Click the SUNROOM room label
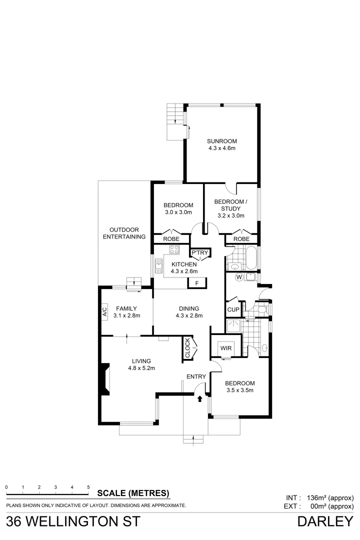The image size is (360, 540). pyautogui.click(x=222, y=141)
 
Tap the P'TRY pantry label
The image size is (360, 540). pyautogui.click(x=199, y=253)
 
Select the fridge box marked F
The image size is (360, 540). pyautogui.click(x=197, y=283)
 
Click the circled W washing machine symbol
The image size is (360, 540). pyautogui.click(x=238, y=277)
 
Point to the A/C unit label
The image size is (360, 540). pyautogui.click(x=105, y=313)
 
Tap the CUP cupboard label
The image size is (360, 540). pyautogui.click(x=233, y=309)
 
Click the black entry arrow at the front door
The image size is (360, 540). pyautogui.click(x=200, y=398)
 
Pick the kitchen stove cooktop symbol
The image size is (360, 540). pyautogui.click(x=174, y=250)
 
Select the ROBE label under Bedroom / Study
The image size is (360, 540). pyautogui.click(x=241, y=239)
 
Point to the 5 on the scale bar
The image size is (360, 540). pyautogui.click(x=88, y=486)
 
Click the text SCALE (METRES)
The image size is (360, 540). pyautogui.click(x=133, y=492)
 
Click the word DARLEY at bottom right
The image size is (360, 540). pyautogui.click(x=325, y=522)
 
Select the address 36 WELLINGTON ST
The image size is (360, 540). pyautogui.click(x=69, y=522)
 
